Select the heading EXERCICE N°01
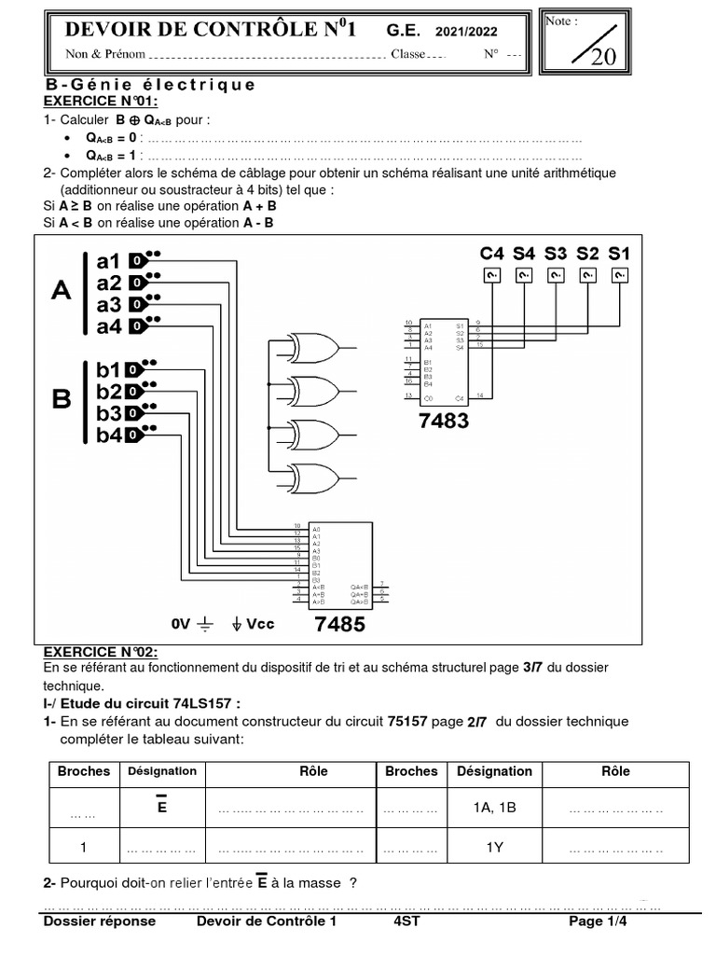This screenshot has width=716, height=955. [101, 101]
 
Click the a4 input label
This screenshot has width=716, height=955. [109, 326]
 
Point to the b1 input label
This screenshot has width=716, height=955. [109, 368]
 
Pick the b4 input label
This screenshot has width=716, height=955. [109, 435]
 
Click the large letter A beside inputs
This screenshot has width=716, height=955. [60, 290]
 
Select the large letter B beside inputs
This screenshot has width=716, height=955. [62, 400]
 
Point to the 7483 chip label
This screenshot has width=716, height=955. [444, 421]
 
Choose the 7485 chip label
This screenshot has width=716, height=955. [339, 624]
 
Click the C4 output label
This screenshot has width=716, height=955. [492, 253]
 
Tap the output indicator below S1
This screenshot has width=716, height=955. [619, 274]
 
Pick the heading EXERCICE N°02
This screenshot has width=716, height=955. [101, 651]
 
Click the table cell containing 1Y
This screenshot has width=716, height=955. [494, 848]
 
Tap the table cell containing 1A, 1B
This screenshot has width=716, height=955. [494, 809]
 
